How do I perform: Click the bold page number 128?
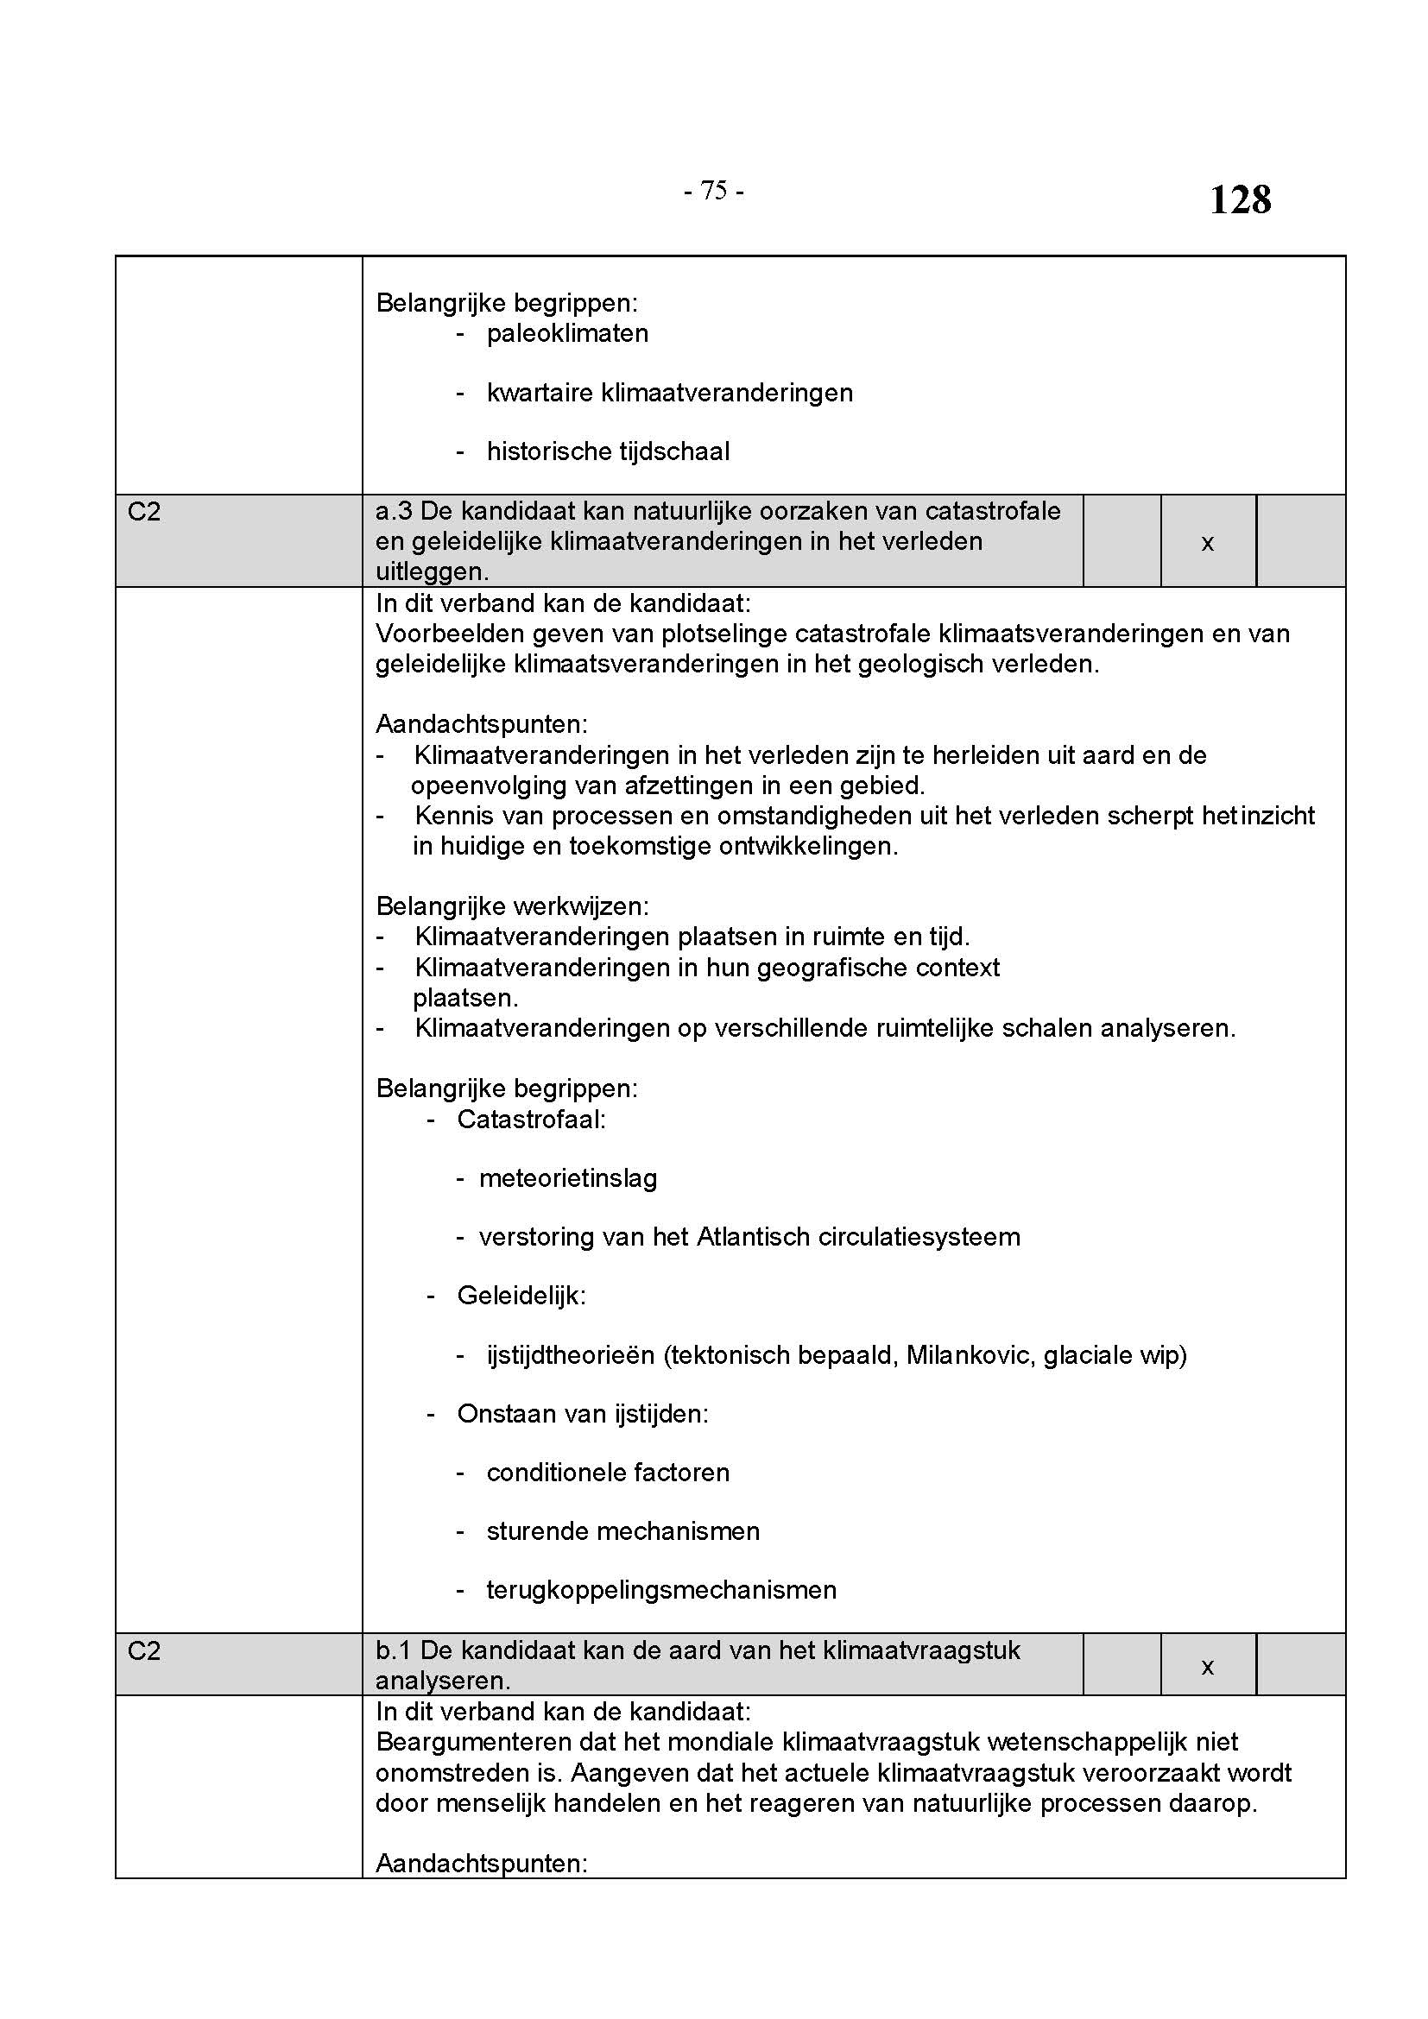(1240, 199)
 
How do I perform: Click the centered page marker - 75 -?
(713, 191)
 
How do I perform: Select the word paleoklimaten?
(567, 334)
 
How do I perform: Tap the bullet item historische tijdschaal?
(608, 452)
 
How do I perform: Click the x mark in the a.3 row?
(1207, 544)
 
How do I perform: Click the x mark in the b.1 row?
(1207, 1665)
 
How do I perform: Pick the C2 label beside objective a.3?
(144, 512)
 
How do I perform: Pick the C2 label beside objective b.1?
(144, 1651)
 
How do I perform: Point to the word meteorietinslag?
(568, 1178)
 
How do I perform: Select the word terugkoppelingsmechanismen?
(661, 1590)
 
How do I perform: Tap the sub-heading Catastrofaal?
(531, 1120)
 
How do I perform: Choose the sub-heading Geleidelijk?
(521, 1296)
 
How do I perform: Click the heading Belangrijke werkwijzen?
(512, 906)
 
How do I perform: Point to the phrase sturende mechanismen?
(622, 1531)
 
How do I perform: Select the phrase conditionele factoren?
(608, 1473)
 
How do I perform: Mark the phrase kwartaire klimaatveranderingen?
(669, 393)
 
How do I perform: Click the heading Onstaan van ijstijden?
(582, 1414)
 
